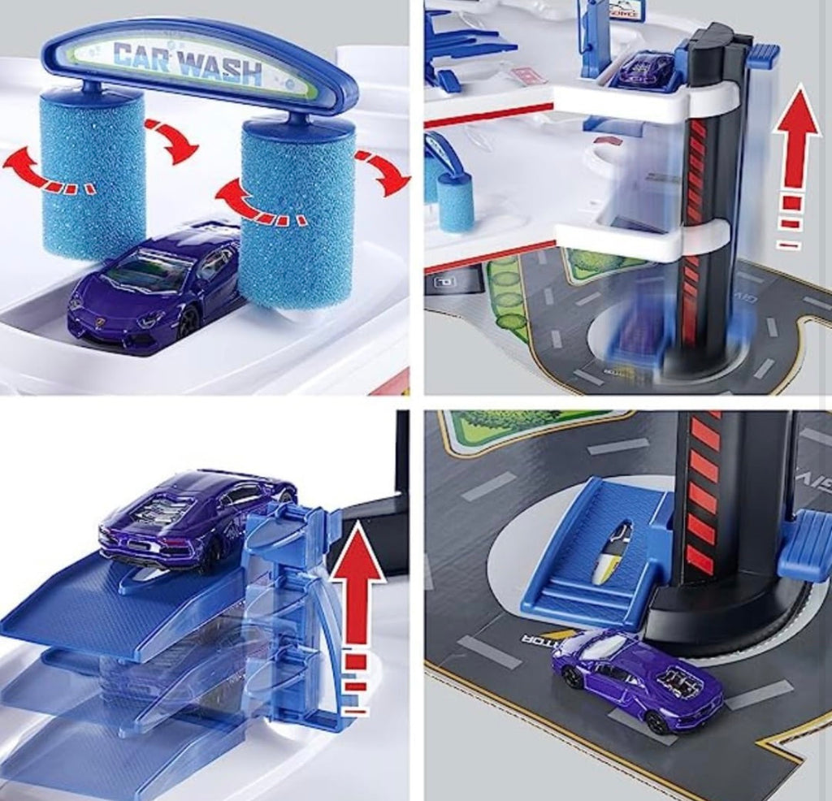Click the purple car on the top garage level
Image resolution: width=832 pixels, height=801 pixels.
pyautogui.click(x=646, y=69)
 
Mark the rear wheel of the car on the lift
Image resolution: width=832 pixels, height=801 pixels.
pyautogui.click(x=213, y=557)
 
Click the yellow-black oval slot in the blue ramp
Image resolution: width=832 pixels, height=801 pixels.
pyautogui.click(x=609, y=552)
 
